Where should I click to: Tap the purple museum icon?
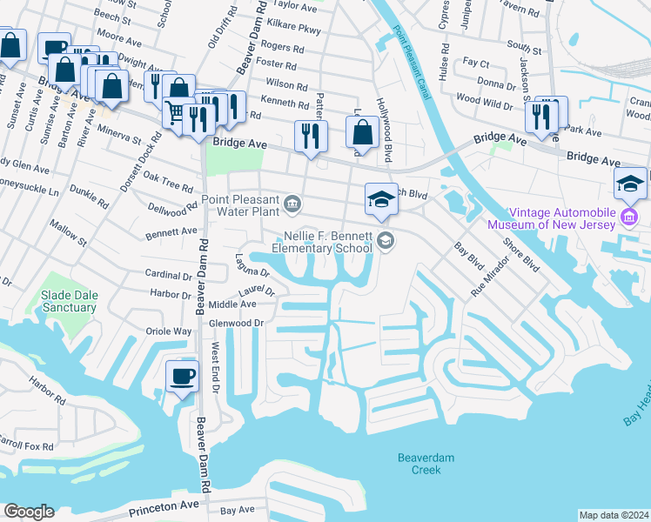coord(629,215)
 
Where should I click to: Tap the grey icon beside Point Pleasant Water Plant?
coord(293,204)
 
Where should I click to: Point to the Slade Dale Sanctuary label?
coord(68,302)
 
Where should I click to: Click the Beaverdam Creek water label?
coord(426,464)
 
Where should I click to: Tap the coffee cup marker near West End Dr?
coord(182,377)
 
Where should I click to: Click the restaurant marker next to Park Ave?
coord(547,114)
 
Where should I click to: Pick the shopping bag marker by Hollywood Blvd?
coord(362,133)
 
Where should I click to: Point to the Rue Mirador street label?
coord(489,276)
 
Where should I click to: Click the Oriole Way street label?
coord(170,331)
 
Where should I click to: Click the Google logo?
coord(29,512)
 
